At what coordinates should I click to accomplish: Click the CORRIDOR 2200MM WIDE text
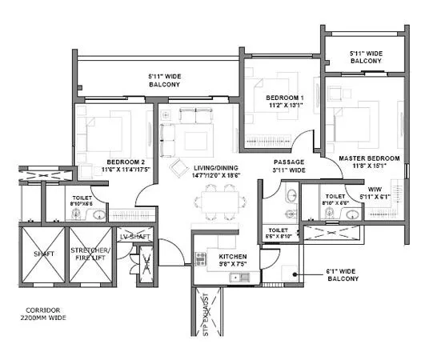[43, 314]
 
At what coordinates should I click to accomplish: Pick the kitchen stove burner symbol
[200, 258]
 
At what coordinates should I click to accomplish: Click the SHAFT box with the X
[41, 255]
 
